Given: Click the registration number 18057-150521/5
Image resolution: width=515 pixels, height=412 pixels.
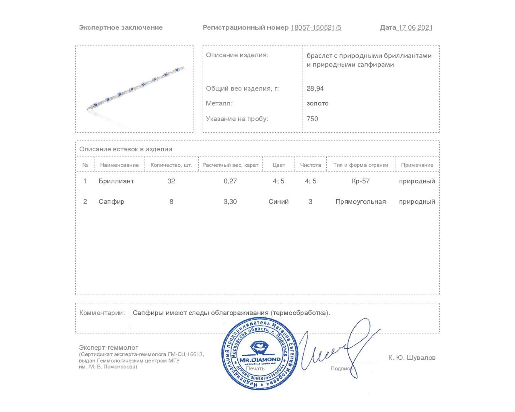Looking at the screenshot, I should pyautogui.click(x=316, y=28).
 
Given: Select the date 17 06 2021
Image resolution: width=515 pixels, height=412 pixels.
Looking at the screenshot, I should pyautogui.click(x=415, y=28).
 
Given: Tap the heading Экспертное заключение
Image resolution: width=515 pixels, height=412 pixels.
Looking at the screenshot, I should pyautogui.click(x=121, y=28).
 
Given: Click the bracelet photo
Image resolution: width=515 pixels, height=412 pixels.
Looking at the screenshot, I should pyautogui.click(x=135, y=89).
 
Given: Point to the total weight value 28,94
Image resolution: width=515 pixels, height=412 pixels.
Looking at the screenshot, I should pyautogui.click(x=315, y=89).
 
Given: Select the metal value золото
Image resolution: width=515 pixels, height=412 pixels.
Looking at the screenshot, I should pyautogui.click(x=317, y=103).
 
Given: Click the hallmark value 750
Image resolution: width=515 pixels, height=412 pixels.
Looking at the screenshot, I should pyautogui.click(x=312, y=119).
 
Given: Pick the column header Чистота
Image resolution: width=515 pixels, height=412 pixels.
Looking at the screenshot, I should pyautogui.click(x=310, y=165).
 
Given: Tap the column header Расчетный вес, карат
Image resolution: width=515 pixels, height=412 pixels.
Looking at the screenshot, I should pyautogui.click(x=230, y=165).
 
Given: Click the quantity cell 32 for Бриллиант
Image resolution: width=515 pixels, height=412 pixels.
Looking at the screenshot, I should pyautogui.click(x=171, y=181).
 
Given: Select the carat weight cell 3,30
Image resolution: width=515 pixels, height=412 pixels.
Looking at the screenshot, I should pyautogui.click(x=230, y=202).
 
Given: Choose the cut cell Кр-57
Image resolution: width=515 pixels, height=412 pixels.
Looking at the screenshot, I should pyautogui.click(x=360, y=181).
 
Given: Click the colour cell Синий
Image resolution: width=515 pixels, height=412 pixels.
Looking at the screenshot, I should pyautogui.click(x=278, y=202).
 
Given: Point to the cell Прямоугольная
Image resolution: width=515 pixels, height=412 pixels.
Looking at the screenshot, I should pyautogui.click(x=360, y=202).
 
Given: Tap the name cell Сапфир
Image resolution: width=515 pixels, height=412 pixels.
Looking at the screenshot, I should pyautogui.click(x=111, y=202).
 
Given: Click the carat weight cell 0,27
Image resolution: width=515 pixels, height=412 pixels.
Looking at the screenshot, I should pyautogui.click(x=230, y=181).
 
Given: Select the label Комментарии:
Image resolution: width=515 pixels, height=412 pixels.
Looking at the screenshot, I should pyautogui.click(x=102, y=313).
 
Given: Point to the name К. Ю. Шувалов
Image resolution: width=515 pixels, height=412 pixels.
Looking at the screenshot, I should pyautogui.click(x=412, y=358).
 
